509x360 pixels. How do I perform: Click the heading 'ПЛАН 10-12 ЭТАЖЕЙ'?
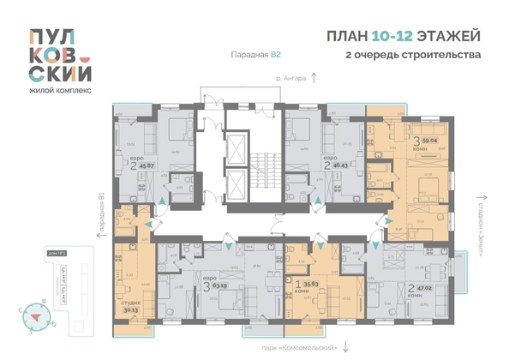pyautogui.click(x=404, y=35)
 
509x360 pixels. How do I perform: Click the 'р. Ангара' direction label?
pyautogui.click(x=292, y=79)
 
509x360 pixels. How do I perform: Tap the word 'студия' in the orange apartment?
pyautogui.click(x=129, y=303)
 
